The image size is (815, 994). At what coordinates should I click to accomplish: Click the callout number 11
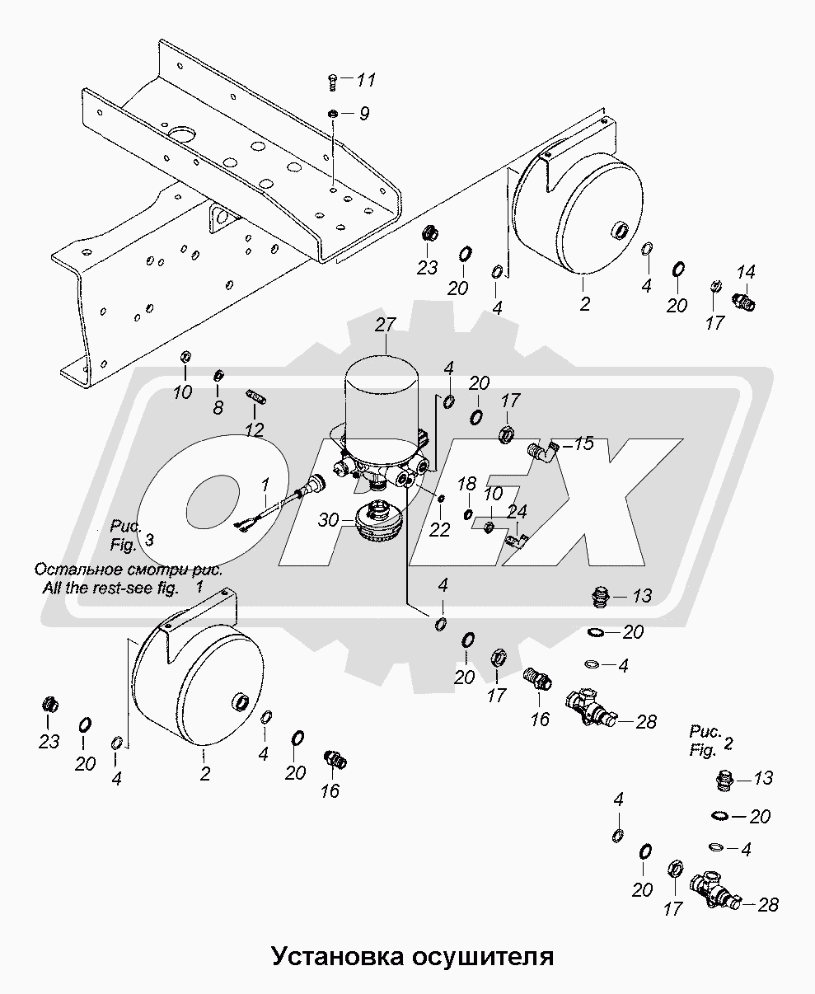(x=365, y=80)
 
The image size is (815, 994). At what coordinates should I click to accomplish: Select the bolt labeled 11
(x=332, y=82)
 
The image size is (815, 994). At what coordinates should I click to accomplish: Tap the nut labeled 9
(x=332, y=113)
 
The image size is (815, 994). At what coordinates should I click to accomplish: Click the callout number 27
(x=385, y=325)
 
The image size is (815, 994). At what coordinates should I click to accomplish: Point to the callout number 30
(x=329, y=520)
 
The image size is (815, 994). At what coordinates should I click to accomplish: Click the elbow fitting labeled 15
(x=541, y=449)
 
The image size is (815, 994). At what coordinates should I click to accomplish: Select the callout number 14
(x=746, y=272)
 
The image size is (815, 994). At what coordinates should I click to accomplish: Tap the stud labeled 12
(x=256, y=396)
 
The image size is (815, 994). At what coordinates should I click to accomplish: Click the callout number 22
(x=439, y=530)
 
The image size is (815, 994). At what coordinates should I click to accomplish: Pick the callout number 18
(x=466, y=484)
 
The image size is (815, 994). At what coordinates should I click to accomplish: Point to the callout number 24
(x=517, y=511)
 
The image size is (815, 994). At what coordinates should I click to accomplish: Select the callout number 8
(x=218, y=408)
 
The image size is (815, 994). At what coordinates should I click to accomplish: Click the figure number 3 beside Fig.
(x=149, y=540)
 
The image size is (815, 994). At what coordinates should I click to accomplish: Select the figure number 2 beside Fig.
(x=728, y=743)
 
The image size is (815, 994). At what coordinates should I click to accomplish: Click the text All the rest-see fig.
(x=110, y=588)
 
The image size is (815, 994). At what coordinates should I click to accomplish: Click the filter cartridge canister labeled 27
(x=382, y=406)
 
